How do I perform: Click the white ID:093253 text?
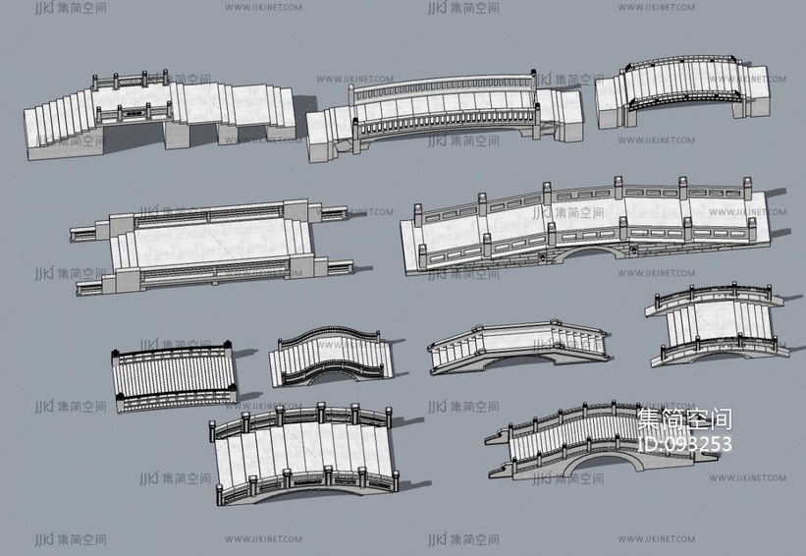pos(684,444)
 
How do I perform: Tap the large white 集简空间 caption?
pos(683,419)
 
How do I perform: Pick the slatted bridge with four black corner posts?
pos(174,373)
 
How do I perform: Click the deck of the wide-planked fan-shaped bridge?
pos(299,447)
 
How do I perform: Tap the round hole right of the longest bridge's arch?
pos(635,251)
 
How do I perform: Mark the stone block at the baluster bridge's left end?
pos(327,136)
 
